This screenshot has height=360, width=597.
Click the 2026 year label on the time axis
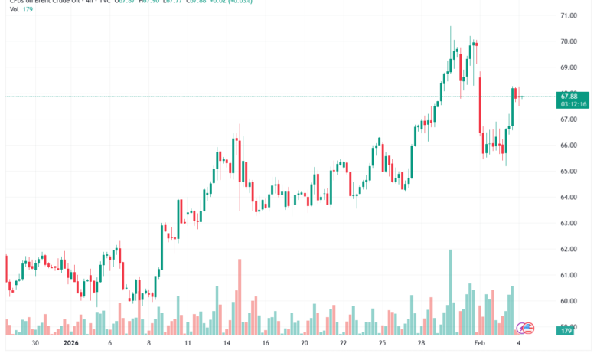pos(72,345)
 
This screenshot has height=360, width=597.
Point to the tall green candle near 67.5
pos(513,106)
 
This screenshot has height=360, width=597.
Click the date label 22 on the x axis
pos(344,345)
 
